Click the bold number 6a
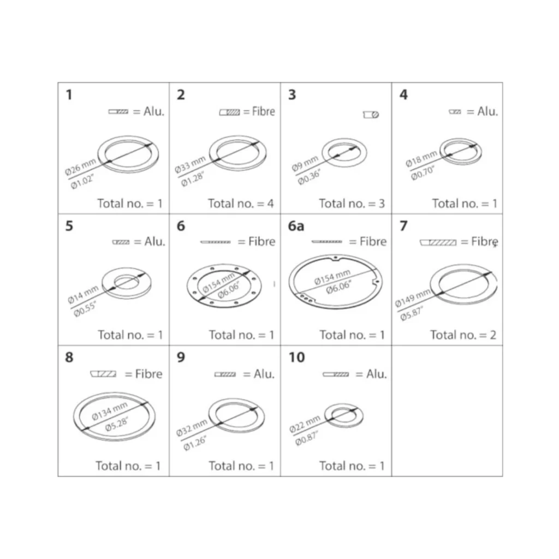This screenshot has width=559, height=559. pyautogui.click(x=296, y=226)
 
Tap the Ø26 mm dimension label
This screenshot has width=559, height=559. pyautogui.click(x=81, y=167)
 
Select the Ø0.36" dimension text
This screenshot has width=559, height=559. pyautogui.click(x=309, y=177)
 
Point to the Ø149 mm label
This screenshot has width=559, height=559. pyautogui.click(x=413, y=299)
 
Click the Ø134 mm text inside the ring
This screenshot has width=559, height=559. pyautogui.click(x=109, y=411)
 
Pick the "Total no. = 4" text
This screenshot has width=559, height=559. pyautogui.click(x=241, y=204)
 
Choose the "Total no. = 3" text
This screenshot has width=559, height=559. pyautogui.click(x=352, y=204)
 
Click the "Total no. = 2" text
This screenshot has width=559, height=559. pyautogui.click(x=463, y=335)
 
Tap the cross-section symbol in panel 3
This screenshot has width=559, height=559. pyautogui.click(x=371, y=115)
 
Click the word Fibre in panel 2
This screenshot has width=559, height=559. pyautogui.click(x=264, y=111)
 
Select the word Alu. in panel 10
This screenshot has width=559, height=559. pyautogui.click(x=377, y=374)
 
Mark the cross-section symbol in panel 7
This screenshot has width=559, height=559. pyautogui.click(x=438, y=242)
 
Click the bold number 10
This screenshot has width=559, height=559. pyautogui.click(x=296, y=357)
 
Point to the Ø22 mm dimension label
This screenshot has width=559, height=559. pyautogui.click(x=305, y=424)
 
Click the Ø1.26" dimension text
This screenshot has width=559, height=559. pyautogui.click(x=195, y=443)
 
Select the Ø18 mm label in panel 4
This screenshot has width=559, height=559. pyautogui.click(x=421, y=159)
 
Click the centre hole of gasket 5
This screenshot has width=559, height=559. pyautogui.click(x=127, y=282)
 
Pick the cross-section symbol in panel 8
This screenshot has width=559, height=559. pyautogui.click(x=103, y=374)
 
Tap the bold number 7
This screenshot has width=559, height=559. pyautogui.click(x=403, y=226)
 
